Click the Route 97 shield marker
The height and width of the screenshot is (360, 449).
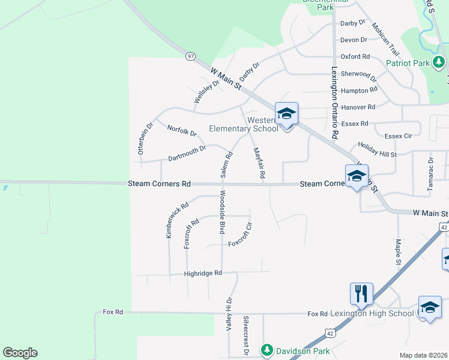(190, 56)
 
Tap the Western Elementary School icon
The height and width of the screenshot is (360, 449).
(286, 113)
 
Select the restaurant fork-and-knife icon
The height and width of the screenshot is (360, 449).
(361, 293)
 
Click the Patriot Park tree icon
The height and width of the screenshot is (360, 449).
(439, 62)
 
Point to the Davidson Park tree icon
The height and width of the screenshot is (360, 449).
(267, 350)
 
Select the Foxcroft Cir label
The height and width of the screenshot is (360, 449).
(243, 244)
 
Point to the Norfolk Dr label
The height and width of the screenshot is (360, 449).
(182, 130)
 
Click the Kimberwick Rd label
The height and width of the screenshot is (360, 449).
(177, 220)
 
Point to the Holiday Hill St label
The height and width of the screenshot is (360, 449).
(378, 150)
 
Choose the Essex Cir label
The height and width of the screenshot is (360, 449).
(398, 136)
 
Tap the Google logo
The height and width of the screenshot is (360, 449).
(20, 353)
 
